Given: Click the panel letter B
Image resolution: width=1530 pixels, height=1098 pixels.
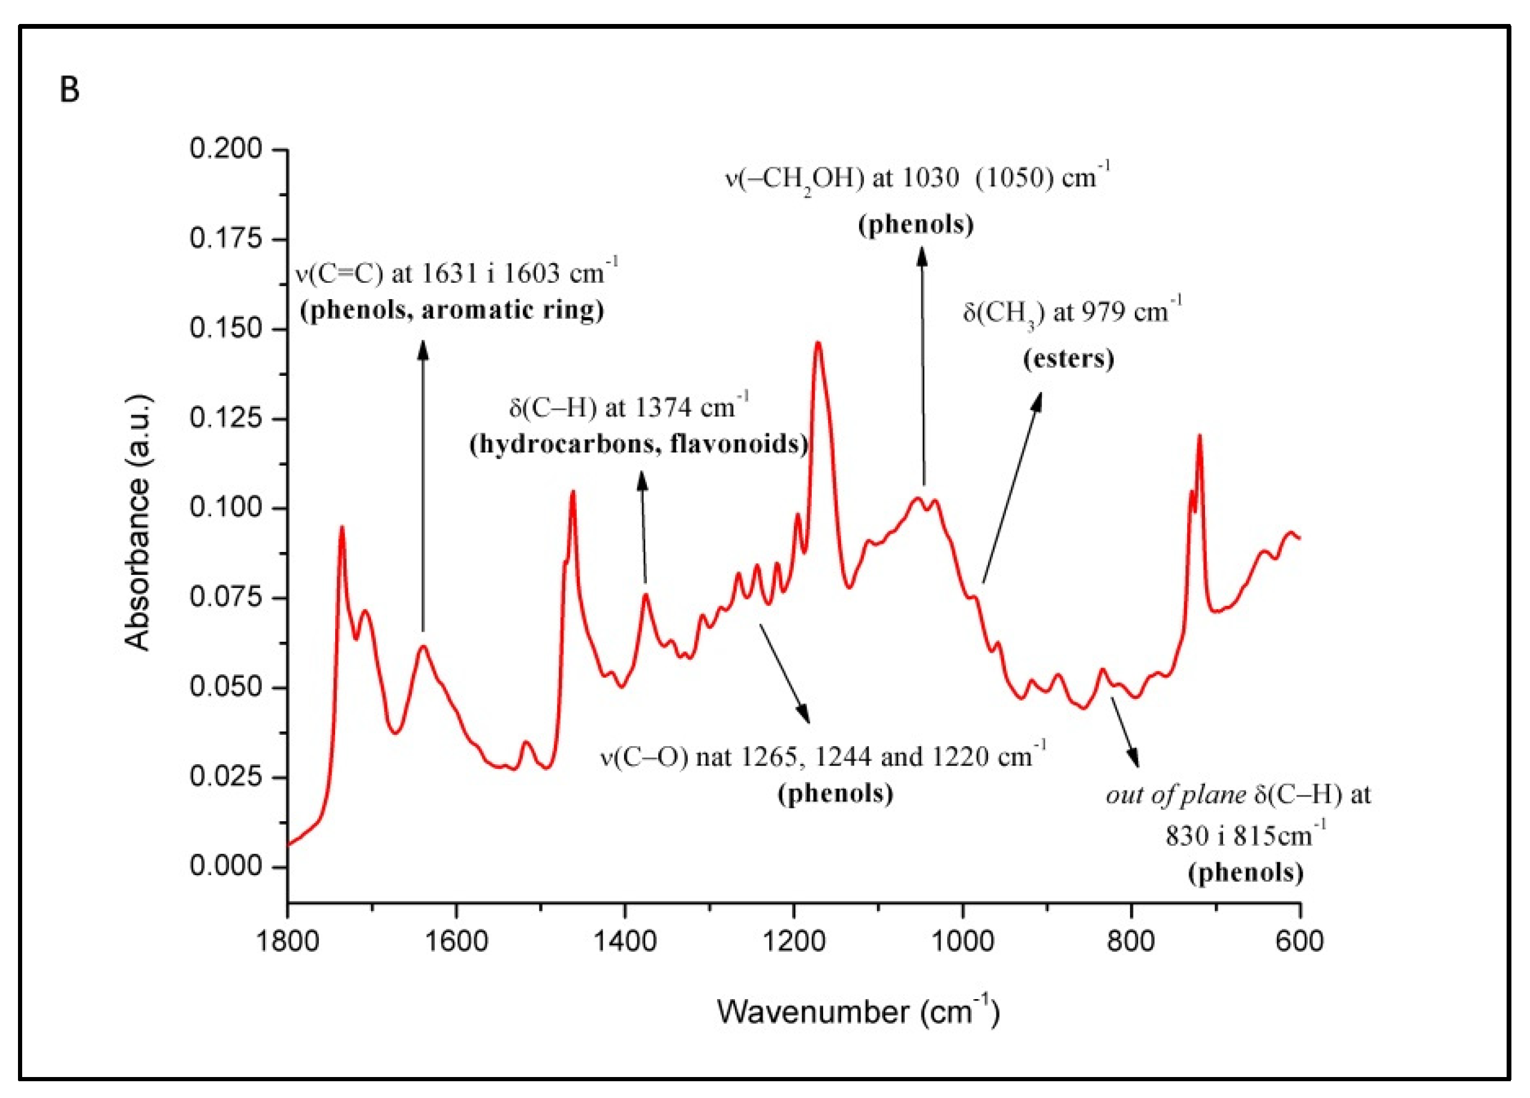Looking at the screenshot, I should point(70,90).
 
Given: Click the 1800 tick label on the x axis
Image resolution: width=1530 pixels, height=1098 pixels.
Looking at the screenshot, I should point(288,941).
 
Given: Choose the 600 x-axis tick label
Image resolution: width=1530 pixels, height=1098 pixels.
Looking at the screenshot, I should point(1299,941).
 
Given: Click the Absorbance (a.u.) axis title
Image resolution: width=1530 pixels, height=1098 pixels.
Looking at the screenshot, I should point(138,523).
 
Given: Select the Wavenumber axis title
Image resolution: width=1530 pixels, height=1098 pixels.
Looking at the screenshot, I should point(857,1012).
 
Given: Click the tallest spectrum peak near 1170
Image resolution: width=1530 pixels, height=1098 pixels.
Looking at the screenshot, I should point(818,343).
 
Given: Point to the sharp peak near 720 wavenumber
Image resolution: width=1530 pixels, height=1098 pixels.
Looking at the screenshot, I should point(1200,436).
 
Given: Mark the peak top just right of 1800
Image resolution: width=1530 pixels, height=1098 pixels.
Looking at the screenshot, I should point(342,527).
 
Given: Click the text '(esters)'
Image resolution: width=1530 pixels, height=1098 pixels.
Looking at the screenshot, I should point(1068,358).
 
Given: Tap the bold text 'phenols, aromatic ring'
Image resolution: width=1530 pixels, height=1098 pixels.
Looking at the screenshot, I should point(452,310).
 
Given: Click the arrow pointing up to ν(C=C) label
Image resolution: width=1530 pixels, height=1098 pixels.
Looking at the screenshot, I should point(423,485).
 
